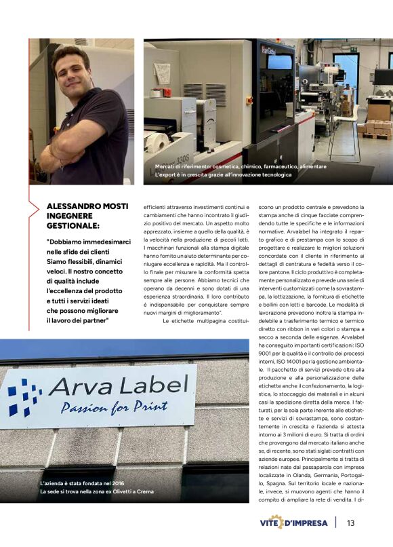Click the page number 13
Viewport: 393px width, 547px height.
[x=350, y=523]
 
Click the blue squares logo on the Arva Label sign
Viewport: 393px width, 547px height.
[x=24, y=396]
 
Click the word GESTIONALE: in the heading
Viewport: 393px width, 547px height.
[x=73, y=225]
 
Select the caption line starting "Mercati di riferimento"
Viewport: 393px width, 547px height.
[x=231, y=166]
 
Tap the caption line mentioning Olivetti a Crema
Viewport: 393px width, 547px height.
[x=98, y=491]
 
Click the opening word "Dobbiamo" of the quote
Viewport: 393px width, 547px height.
[x=67, y=242]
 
